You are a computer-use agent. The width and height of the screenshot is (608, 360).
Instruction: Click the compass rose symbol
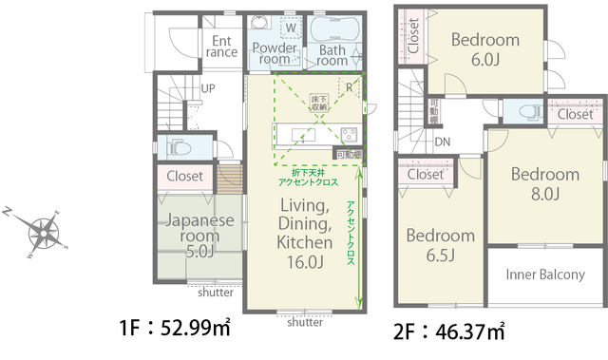[43, 232]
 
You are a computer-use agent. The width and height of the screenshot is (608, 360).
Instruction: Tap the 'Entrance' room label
[221, 47]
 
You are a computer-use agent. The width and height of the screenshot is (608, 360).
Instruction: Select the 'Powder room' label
[270, 52]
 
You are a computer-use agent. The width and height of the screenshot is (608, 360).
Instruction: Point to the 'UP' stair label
[208, 89]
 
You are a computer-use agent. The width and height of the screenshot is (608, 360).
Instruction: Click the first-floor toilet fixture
[178, 147]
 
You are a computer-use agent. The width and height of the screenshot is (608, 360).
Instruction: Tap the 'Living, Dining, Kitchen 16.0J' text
[303, 233]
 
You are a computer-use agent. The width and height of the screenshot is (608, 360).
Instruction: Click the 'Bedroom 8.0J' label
[545, 184]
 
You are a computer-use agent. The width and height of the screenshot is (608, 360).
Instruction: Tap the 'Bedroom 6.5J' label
[440, 245]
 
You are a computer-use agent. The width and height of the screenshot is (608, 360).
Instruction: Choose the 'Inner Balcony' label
[544, 275]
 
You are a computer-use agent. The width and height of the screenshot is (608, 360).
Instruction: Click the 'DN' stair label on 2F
[443, 142]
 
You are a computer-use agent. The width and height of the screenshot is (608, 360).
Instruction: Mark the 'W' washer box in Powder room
[290, 28]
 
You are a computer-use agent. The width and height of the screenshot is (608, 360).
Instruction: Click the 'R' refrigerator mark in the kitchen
[350, 88]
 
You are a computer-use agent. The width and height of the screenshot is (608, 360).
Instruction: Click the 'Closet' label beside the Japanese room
[184, 177]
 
